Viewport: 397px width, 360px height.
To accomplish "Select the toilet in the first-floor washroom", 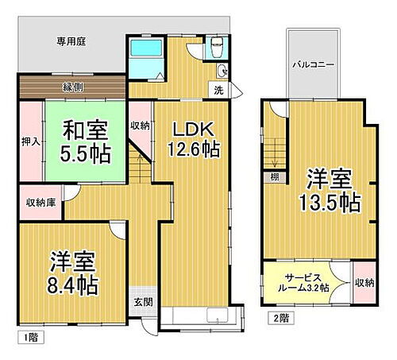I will (216, 49).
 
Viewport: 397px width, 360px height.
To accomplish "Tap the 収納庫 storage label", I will (39, 202).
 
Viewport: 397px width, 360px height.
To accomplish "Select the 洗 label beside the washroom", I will (219, 91).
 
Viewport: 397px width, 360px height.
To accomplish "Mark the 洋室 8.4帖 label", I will (73, 273).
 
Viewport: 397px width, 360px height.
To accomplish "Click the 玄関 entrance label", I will (143, 303).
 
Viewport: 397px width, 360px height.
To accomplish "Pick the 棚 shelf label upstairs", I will (274, 176).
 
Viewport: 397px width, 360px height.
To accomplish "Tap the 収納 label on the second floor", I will (364, 281).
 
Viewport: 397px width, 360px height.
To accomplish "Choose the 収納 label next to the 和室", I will (140, 126).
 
